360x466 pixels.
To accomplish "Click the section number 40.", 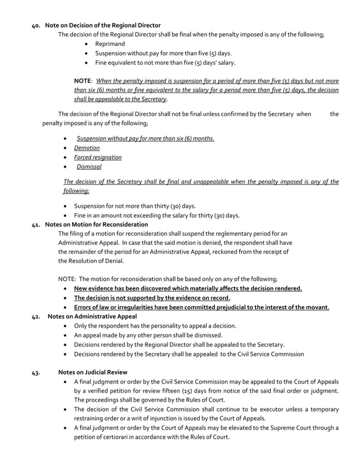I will click(x=35, y=25).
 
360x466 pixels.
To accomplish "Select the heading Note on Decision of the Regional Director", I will click(x=103, y=25).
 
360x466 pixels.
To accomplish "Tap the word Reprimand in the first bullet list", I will click(x=110, y=43).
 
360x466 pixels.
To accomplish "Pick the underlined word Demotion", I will click(x=87, y=148).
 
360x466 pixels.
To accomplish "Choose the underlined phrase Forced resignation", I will click(x=98, y=157).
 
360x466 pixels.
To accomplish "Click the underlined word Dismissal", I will click(x=89, y=166).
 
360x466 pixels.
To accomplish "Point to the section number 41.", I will click(x=35, y=225).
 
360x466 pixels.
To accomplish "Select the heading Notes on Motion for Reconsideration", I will click(x=96, y=225).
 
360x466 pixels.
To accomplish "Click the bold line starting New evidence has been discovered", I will click(x=188, y=288).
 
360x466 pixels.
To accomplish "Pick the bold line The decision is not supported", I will click(x=152, y=298).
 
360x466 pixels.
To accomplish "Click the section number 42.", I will click(x=35, y=316).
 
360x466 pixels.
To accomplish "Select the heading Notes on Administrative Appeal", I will click(x=93, y=316).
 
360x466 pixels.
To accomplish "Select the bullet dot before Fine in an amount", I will click(x=67, y=215).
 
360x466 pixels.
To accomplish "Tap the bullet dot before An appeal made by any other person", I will click(x=67, y=335).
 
